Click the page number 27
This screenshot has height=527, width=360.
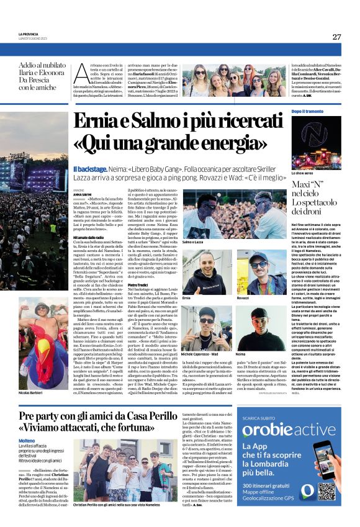pyautogui.click(x=336, y=37)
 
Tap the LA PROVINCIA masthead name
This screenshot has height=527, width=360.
pyautogui.click(x=28, y=34)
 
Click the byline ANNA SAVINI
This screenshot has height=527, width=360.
pyautogui.click(x=83, y=194)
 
